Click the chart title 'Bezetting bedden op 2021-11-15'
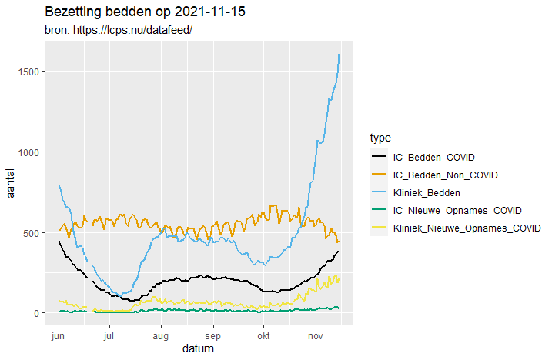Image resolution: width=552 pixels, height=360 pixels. pos(145,13)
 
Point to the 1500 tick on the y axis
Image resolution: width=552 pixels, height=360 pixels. pos(29,72)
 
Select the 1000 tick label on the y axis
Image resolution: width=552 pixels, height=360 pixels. pos(29,152)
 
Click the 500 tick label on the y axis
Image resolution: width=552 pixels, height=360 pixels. pos(32,233)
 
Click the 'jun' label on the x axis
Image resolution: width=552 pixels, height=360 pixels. pos(58,336)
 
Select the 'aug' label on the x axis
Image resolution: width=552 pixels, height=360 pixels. pos(160,336)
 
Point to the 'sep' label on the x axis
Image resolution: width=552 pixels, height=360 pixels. pos(212,336)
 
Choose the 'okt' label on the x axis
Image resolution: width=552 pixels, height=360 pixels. pos(263,336)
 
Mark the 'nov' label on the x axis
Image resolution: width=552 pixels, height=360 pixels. pos(315,336)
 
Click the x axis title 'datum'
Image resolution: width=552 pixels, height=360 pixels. pos(198,349)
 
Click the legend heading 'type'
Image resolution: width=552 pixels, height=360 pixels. pos(380,138)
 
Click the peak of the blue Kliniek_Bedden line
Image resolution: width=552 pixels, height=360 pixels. pos(339,55)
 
